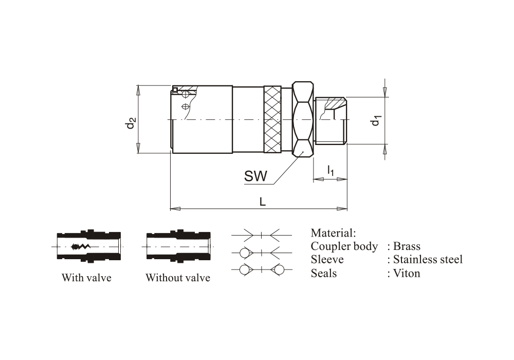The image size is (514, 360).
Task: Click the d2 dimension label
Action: pyautogui.click(x=132, y=123)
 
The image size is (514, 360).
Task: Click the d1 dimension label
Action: pyautogui.click(x=377, y=121)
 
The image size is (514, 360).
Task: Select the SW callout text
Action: pyautogui.click(x=255, y=176)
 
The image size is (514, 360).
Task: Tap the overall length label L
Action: pyautogui.click(x=263, y=202)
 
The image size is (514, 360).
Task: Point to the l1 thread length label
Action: pyautogui.click(x=331, y=170)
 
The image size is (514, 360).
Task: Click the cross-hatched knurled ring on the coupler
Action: pyautogui.click(x=273, y=119)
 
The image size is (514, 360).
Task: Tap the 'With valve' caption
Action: pyautogui.click(x=86, y=278)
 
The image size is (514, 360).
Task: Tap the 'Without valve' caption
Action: pyautogui.click(x=178, y=278)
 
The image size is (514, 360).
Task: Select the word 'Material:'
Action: pyautogui.click(x=333, y=232)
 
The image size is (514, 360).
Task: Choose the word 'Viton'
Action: pyautogui.click(x=407, y=273)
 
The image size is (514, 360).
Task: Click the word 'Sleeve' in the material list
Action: pyautogui.click(x=327, y=259)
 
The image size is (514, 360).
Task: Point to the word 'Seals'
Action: pyautogui.click(x=324, y=273)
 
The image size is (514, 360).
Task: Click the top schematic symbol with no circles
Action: pyautogui.click(x=262, y=235)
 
